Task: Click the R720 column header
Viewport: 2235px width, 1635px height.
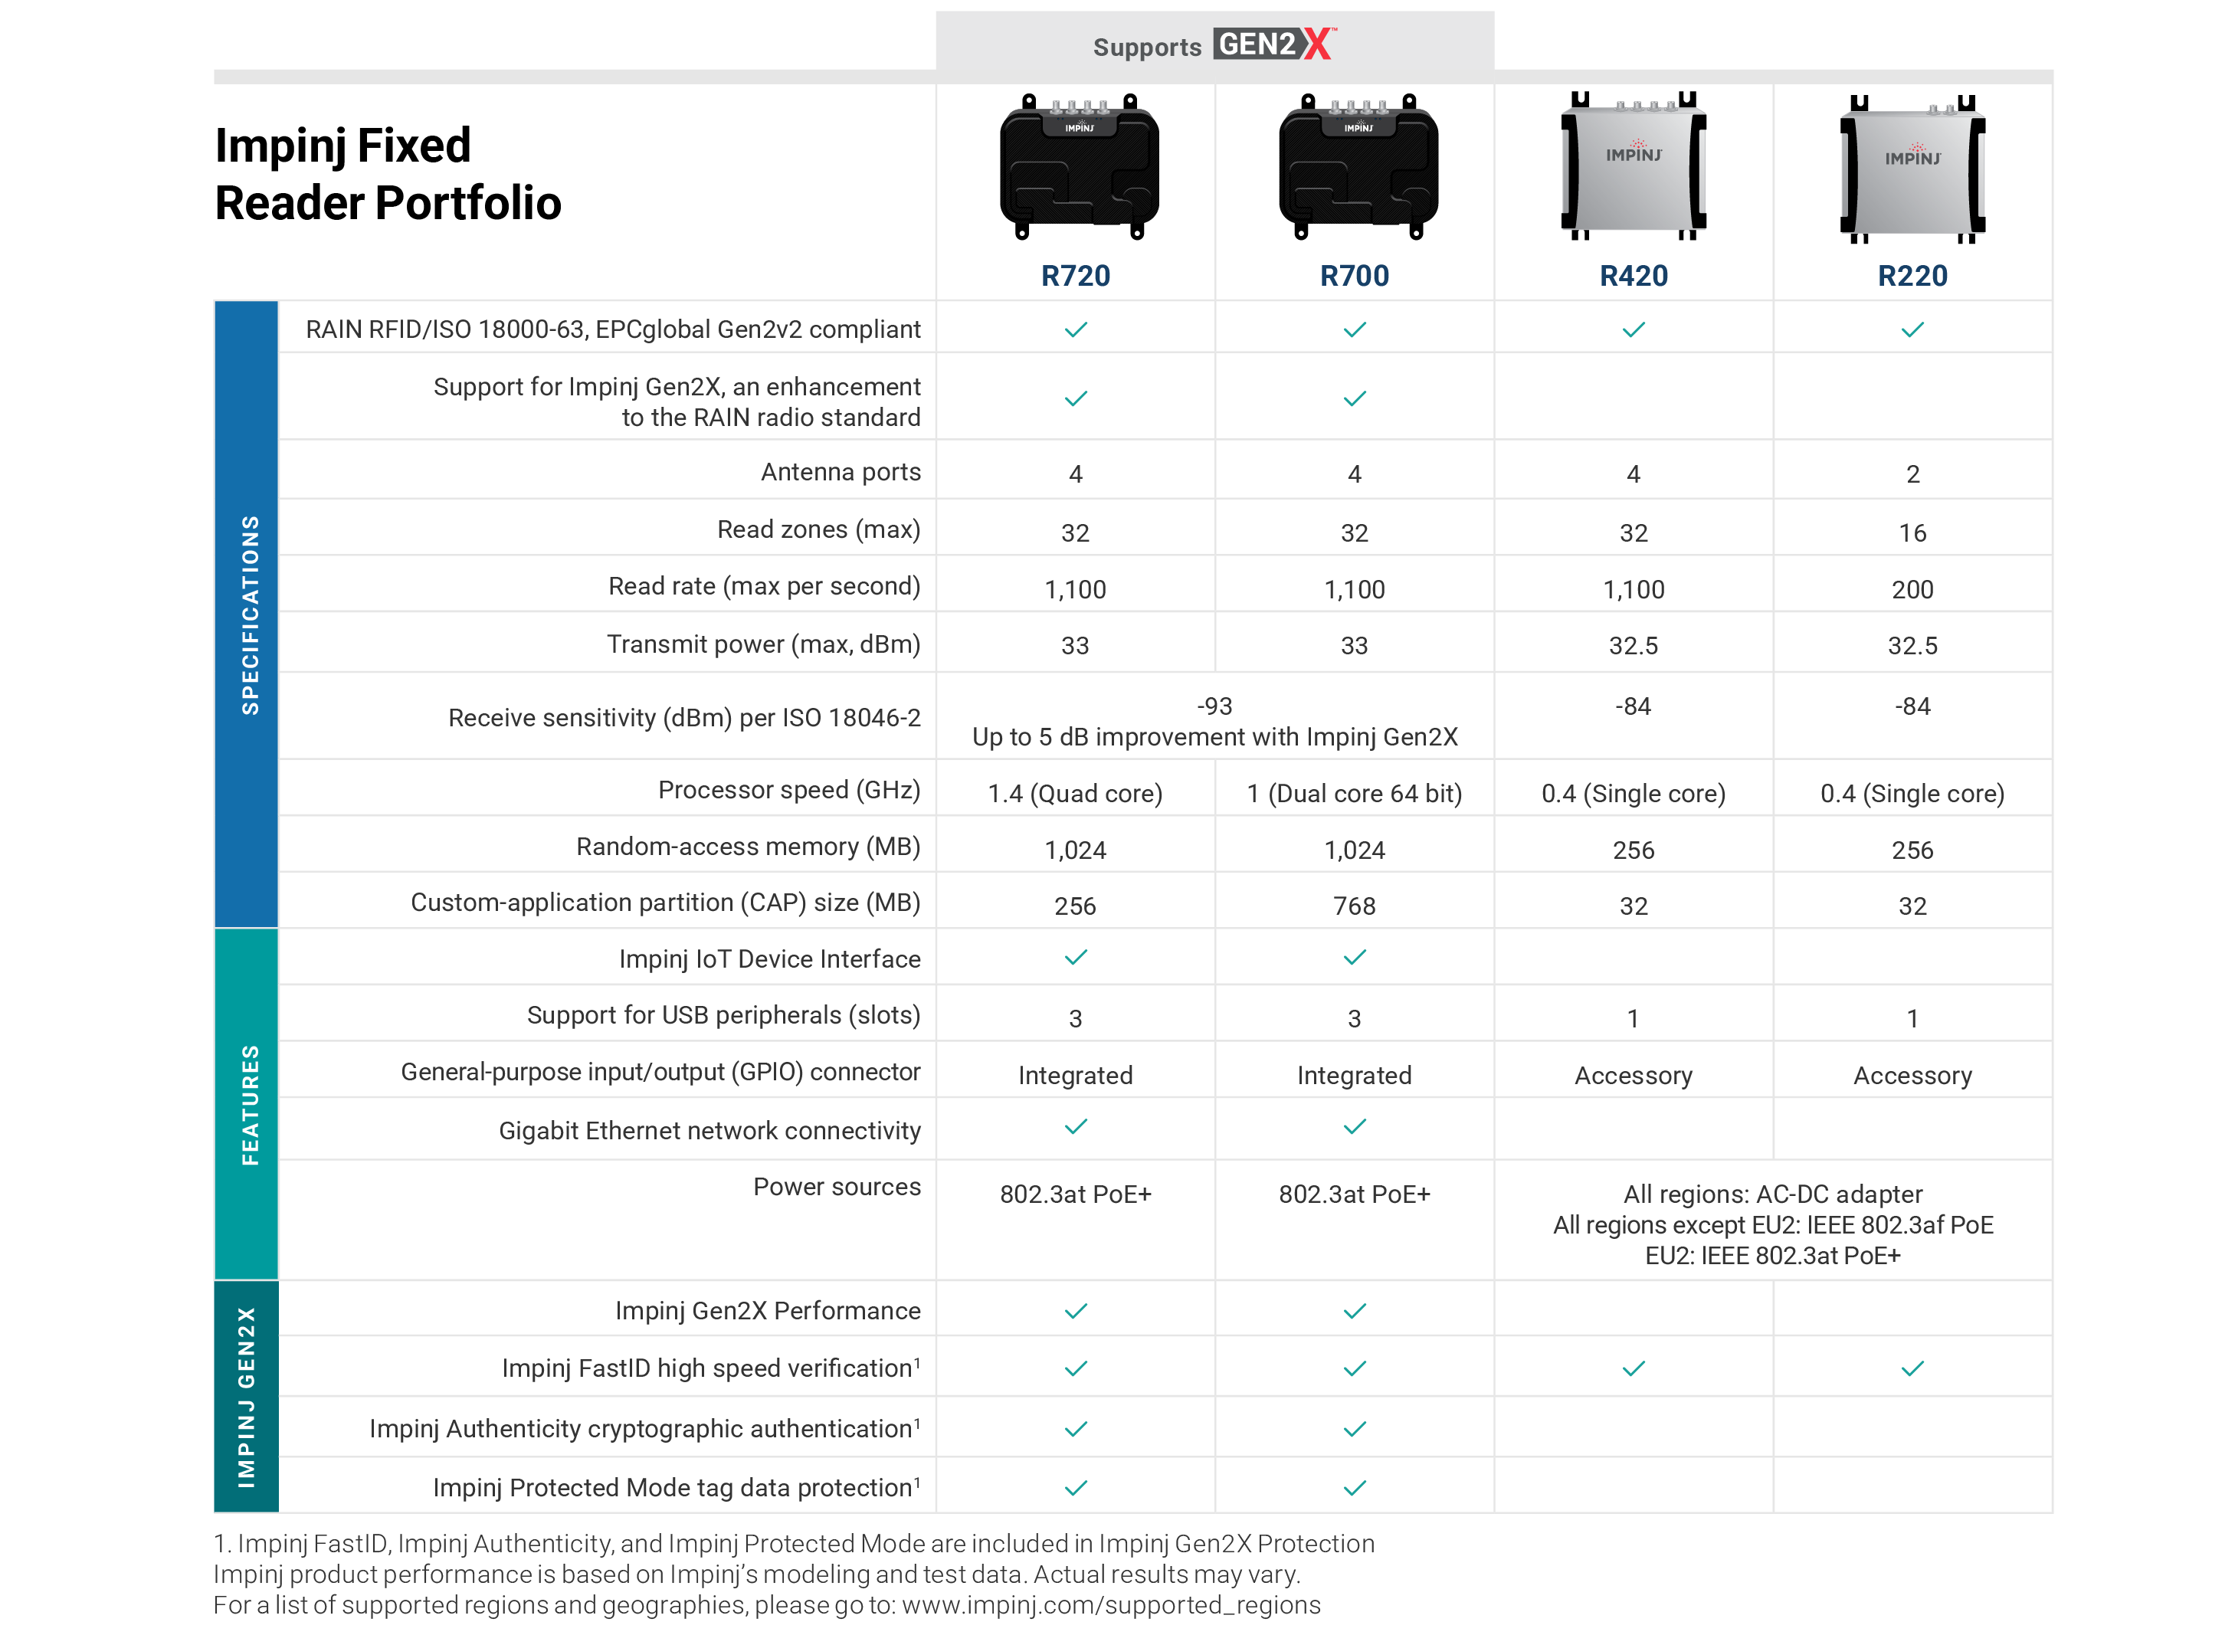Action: point(1075,275)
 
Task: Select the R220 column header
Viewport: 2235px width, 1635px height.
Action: point(1912,275)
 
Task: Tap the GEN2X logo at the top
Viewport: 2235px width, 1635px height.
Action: point(1275,44)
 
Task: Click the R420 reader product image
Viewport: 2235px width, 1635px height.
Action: point(1634,166)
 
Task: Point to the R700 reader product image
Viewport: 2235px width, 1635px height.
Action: point(1357,166)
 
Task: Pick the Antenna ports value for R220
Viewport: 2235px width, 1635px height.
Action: point(1912,474)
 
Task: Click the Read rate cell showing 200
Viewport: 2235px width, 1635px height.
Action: point(1912,590)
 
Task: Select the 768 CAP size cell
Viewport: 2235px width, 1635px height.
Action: point(1354,906)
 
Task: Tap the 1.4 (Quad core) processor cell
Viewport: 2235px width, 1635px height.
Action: point(1075,793)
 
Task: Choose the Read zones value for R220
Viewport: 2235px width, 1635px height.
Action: point(1912,532)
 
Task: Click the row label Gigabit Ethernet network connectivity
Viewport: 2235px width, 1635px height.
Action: point(709,1130)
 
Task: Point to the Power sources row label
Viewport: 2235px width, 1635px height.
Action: point(837,1187)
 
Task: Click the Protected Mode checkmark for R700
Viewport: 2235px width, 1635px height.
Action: point(1354,1488)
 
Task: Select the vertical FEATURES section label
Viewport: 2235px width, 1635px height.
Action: point(248,1105)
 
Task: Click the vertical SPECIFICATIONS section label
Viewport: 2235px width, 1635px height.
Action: point(248,614)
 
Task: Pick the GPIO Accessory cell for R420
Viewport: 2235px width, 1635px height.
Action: point(1634,1075)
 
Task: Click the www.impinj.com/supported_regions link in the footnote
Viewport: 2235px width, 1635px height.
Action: point(1110,1604)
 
